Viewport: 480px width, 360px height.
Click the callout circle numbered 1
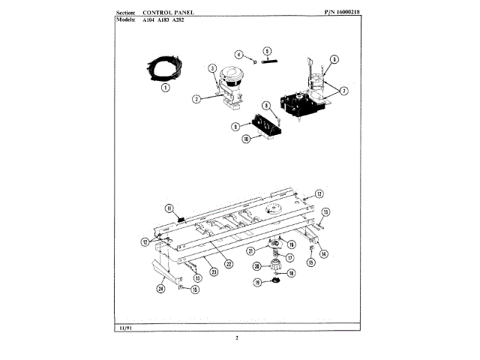165,85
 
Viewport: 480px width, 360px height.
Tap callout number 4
239,55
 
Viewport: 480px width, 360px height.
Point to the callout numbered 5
267,50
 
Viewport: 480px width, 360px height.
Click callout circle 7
344,91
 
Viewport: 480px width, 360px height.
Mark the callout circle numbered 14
323,254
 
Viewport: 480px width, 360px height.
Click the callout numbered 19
256,283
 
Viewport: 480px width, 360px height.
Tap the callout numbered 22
229,263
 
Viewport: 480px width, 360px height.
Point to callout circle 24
160,288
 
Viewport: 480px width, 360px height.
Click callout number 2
195,98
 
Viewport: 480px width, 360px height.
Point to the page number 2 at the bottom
237,338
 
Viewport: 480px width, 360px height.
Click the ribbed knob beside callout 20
271,265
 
